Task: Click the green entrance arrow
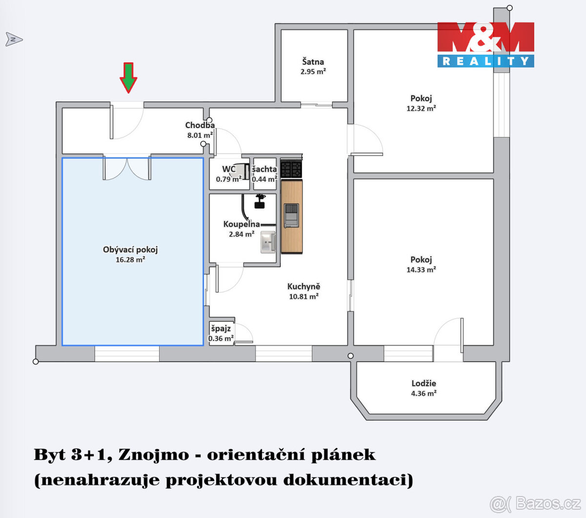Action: pos(128,77)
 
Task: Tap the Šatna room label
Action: pos(313,62)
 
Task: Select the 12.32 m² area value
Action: pos(421,108)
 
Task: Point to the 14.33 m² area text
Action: pos(421,270)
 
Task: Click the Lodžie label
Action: pos(423,384)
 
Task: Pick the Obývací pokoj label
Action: pos(130,250)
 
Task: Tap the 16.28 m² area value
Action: pos(130,260)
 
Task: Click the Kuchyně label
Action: pos(304,287)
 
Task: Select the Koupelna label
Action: pos(242,224)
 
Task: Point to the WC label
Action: pos(229,170)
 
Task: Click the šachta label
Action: pos(264,169)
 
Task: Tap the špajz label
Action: pos(221,328)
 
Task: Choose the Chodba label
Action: pos(200,126)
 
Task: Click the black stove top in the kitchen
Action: pos(291,169)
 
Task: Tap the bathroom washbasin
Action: pos(267,242)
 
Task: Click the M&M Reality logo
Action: pos(485,44)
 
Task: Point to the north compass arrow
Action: pos(14,39)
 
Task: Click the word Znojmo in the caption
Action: pos(153,455)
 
